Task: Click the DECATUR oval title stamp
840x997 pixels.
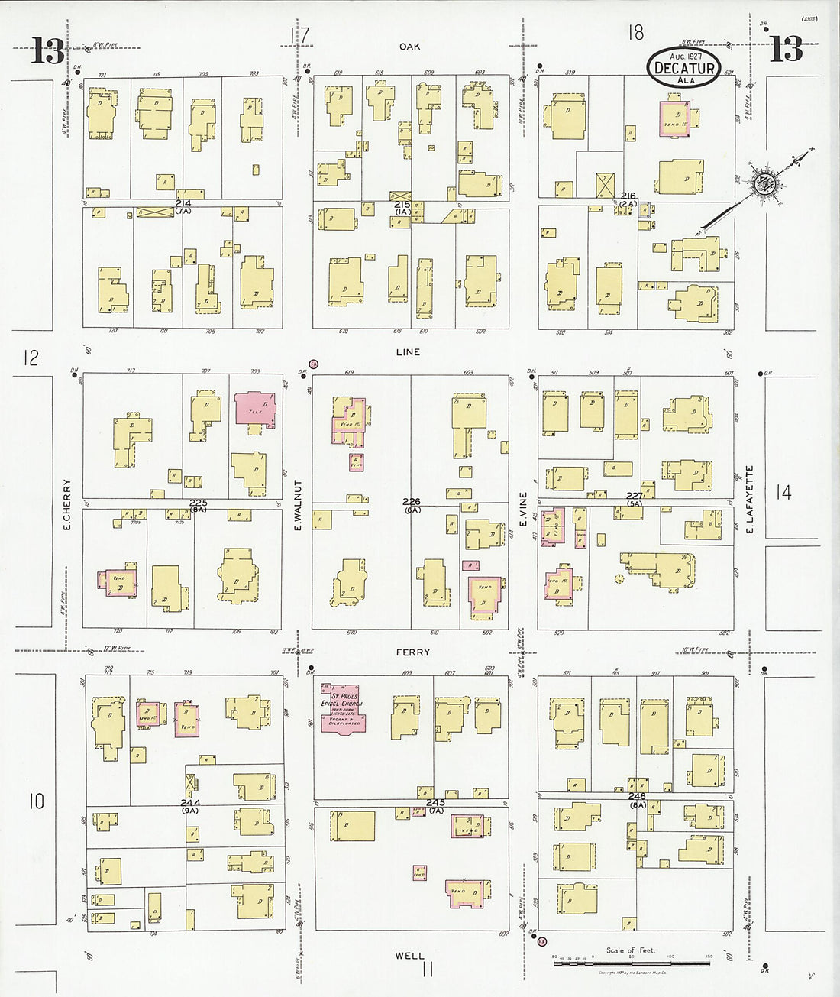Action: [x=684, y=67]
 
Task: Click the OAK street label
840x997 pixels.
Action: [x=410, y=47]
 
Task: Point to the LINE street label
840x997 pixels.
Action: [x=408, y=352]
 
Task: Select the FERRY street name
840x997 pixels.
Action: [x=412, y=652]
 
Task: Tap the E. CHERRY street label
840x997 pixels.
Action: [x=67, y=505]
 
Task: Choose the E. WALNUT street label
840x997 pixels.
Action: [x=299, y=505]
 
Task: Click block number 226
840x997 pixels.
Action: [x=412, y=502]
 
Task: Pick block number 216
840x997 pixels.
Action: [x=628, y=196]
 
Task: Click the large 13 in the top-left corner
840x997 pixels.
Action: [x=47, y=52]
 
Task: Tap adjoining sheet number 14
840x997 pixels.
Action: [x=783, y=493]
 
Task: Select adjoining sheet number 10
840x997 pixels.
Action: [x=36, y=801]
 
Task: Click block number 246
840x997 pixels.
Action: [x=637, y=796]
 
